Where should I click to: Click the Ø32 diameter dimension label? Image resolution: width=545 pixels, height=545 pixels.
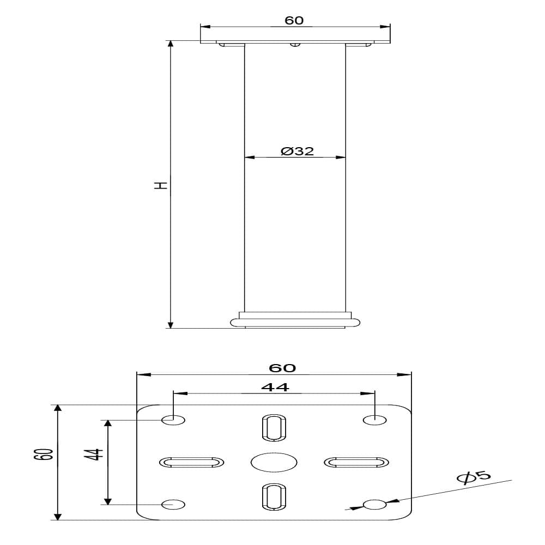pyautogui.click(x=297, y=151)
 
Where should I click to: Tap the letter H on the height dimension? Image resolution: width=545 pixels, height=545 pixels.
pyautogui.click(x=161, y=185)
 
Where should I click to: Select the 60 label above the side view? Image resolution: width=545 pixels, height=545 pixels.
pyautogui.click(x=294, y=21)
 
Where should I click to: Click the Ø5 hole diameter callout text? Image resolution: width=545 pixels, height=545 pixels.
pyautogui.click(x=474, y=476)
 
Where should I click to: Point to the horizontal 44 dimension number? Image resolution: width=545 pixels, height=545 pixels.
pyautogui.click(x=275, y=387)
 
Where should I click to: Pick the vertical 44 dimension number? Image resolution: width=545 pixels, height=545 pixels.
pyautogui.click(x=94, y=454)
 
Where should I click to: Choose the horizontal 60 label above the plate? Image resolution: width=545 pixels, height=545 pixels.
pyautogui.click(x=282, y=368)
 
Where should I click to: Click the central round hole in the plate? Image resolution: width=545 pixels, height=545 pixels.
pyautogui.click(x=274, y=462)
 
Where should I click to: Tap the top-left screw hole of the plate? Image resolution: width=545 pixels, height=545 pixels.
pyautogui.click(x=173, y=420)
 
